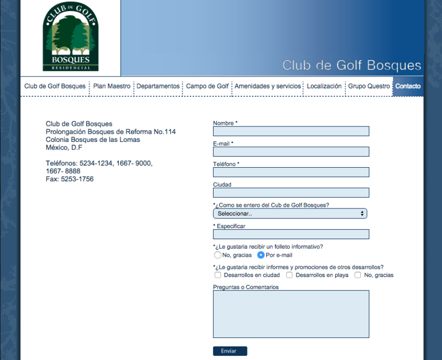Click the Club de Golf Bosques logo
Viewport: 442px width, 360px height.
tap(71, 38)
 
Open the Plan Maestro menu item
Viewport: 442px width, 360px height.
tap(112, 87)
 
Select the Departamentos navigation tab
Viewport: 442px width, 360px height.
tap(158, 87)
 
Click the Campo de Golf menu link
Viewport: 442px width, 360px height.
tap(207, 87)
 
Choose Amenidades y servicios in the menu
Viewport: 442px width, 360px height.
tap(268, 87)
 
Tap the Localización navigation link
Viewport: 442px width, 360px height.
tap(324, 87)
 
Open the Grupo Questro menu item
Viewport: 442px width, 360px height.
tap(369, 87)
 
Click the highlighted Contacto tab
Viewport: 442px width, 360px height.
tap(408, 87)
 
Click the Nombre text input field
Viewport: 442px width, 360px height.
tap(291, 131)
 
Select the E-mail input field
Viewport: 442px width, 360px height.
tap(291, 152)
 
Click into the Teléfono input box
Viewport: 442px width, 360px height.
tap(291, 172)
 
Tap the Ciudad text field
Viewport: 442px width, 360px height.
tap(291, 193)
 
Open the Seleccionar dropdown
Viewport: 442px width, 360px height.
tap(290, 213)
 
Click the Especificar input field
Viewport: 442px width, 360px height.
tap(291, 234)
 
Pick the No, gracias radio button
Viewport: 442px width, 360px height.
tap(218, 255)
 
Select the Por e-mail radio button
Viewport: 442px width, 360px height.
tap(261, 255)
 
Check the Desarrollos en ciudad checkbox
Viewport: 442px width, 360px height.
tap(218, 275)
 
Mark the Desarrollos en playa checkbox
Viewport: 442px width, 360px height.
tap(289, 275)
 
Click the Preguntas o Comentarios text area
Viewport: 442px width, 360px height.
tap(291, 314)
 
